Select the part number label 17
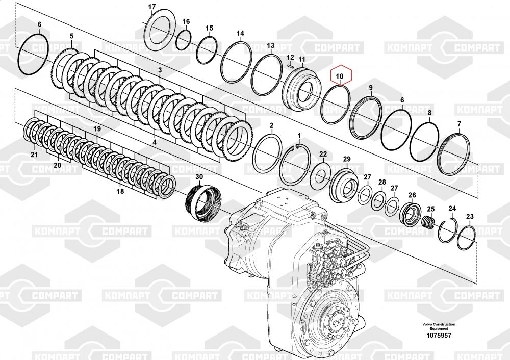pos(152,7)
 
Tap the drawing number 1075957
pos(439,336)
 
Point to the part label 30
pos(199,176)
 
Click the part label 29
pos(347,159)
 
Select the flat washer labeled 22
pos(321,176)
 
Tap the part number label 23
pos(470,216)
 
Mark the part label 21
pos(34,155)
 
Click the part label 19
pos(97,129)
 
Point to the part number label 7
pos(459,124)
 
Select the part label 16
pos(186,22)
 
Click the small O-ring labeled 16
pos(184,40)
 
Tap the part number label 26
pos(412,195)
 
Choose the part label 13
pos(271,46)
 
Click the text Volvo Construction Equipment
pos(439,326)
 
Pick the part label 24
pos(452,209)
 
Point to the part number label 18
pos(120,191)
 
